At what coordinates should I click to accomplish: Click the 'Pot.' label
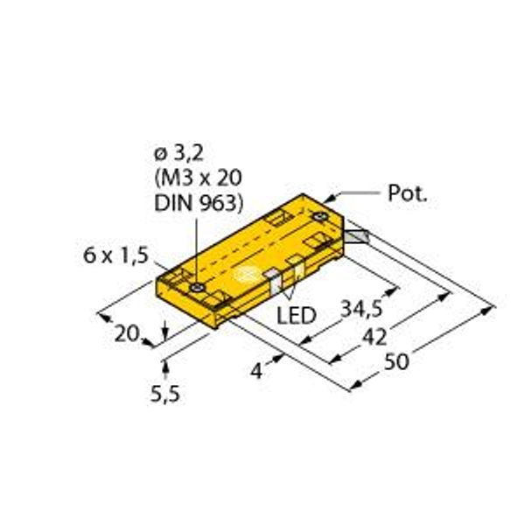[x=407, y=195]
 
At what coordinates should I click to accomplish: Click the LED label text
[x=296, y=313]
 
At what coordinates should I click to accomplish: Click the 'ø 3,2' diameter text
[x=178, y=153]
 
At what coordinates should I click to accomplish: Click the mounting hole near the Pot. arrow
[x=323, y=214]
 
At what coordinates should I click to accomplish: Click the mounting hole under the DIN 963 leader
[x=200, y=288]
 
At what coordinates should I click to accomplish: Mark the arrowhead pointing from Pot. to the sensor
[x=331, y=197]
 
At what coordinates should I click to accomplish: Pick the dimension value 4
[x=258, y=372]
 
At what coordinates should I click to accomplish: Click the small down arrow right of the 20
[x=166, y=329]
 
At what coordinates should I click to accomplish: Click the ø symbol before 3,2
[x=159, y=153]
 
